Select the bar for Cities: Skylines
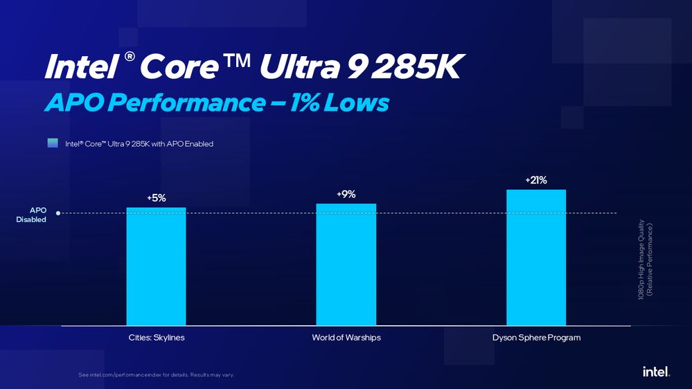[x=156, y=266]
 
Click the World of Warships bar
[x=346, y=264]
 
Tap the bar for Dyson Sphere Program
[x=536, y=257]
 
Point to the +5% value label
[x=156, y=198]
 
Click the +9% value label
[x=346, y=194]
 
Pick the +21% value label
[x=536, y=181]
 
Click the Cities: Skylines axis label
[x=157, y=338]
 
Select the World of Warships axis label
[x=346, y=338]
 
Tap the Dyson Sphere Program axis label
[x=536, y=338]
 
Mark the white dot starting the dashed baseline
[x=58, y=213]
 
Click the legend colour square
[x=52, y=143]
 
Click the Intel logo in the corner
[x=655, y=372]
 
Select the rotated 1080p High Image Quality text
[x=645, y=260]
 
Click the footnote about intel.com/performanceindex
[x=157, y=375]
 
